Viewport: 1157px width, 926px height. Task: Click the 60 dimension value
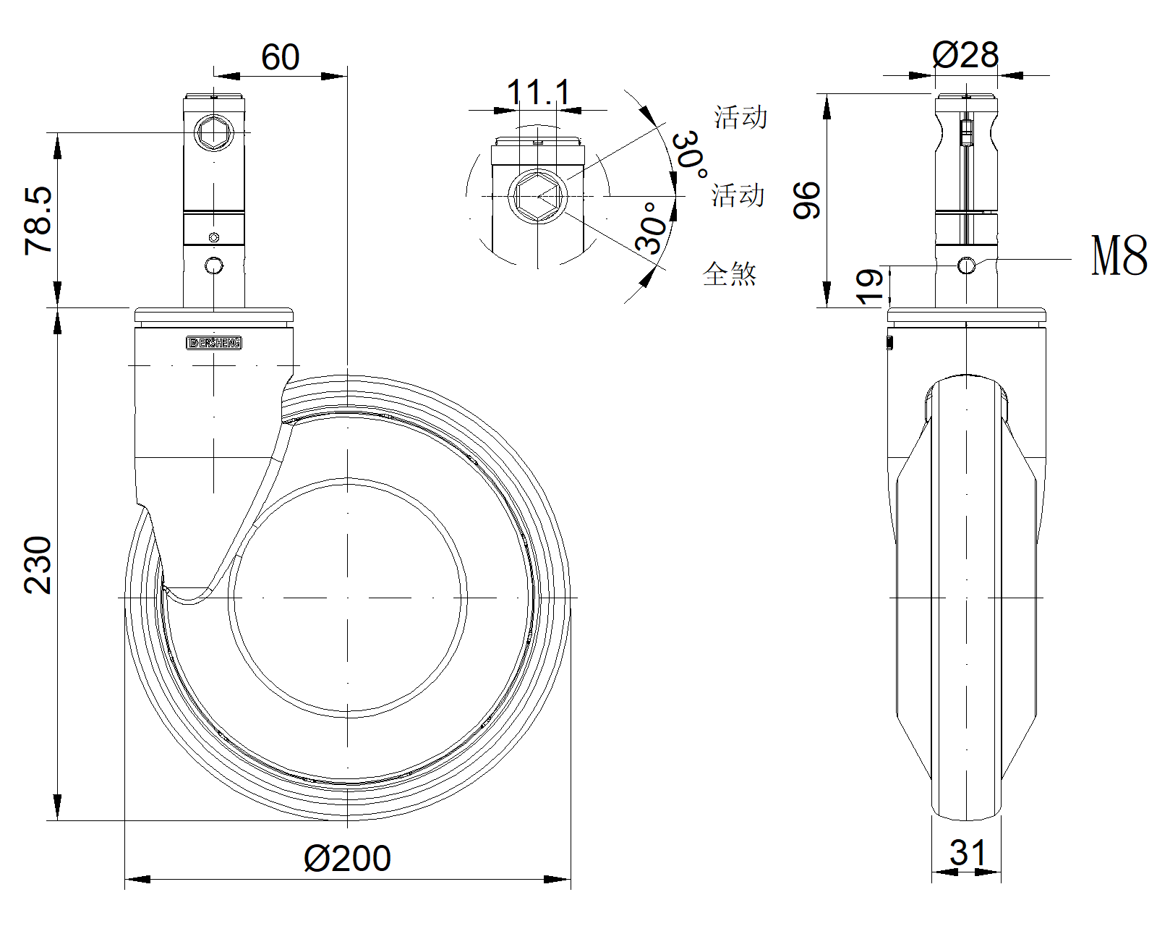pyautogui.click(x=280, y=57)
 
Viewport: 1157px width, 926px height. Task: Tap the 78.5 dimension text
pyautogui.click(x=39, y=221)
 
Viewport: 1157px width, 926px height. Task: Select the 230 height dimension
pyautogui.click(x=38, y=565)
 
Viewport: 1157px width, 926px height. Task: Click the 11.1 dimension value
pyautogui.click(x=538, y=92)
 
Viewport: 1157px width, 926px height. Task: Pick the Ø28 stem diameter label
pyautogui.click(x=965, y=54)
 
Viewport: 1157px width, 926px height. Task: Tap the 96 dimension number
pyautogui.click(x=807, y=200)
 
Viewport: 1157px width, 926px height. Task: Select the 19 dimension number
pyautogui.click(x=869, y=286)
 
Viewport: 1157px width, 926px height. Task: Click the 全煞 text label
pyautogui.click(x=730, y=274)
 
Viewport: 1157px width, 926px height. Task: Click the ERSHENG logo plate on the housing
pyautogui.click(x=214, y=343)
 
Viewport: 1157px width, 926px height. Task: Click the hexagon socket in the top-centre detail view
pyautogui.click(x=538, y=196)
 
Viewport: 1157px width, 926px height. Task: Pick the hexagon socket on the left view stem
pyautogui.click(x=214, y=132)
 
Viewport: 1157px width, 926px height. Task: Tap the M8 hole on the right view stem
pyautogui.click(x=967, y=266)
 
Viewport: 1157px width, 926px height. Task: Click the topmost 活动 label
pyautogui.click(x=740, y=117)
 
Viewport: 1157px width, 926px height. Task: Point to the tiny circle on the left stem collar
pyautogui.click(x=214, y=237)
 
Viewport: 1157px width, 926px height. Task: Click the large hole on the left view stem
pyautogui.click(x=214, y=266)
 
